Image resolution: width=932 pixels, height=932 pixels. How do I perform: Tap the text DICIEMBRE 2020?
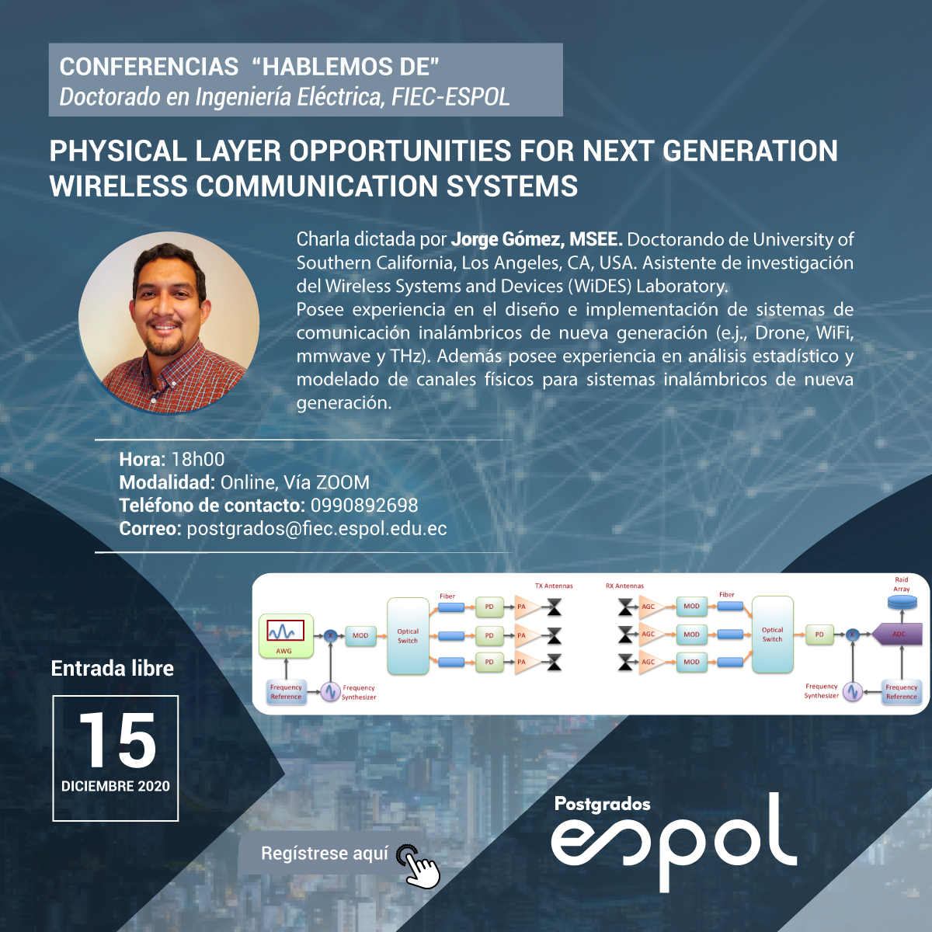(116, 787)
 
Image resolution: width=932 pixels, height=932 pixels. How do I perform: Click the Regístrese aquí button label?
(325, 854)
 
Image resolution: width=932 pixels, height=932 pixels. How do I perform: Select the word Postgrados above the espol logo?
(602, 805)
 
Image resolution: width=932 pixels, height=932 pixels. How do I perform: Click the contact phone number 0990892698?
(364, 506)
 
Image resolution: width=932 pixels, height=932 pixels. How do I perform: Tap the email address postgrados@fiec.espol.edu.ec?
(317, 529)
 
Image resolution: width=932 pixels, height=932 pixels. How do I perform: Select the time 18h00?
(198, 460)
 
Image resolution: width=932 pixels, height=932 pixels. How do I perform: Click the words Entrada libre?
(112, 669)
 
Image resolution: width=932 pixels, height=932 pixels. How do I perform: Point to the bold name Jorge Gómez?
(507, 240)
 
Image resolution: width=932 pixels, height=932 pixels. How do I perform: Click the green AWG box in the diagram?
(286, 636)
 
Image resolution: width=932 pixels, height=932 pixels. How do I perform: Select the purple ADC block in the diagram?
(897, 634)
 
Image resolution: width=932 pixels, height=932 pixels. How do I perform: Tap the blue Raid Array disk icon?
(902, 602)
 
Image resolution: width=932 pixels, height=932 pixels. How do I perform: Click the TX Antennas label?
(554, 586)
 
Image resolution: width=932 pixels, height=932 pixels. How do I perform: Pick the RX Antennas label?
(625, 586)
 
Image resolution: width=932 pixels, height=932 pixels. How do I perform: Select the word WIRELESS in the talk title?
(119, 186)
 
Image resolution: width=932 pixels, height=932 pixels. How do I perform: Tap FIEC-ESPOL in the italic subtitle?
(450, 97)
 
